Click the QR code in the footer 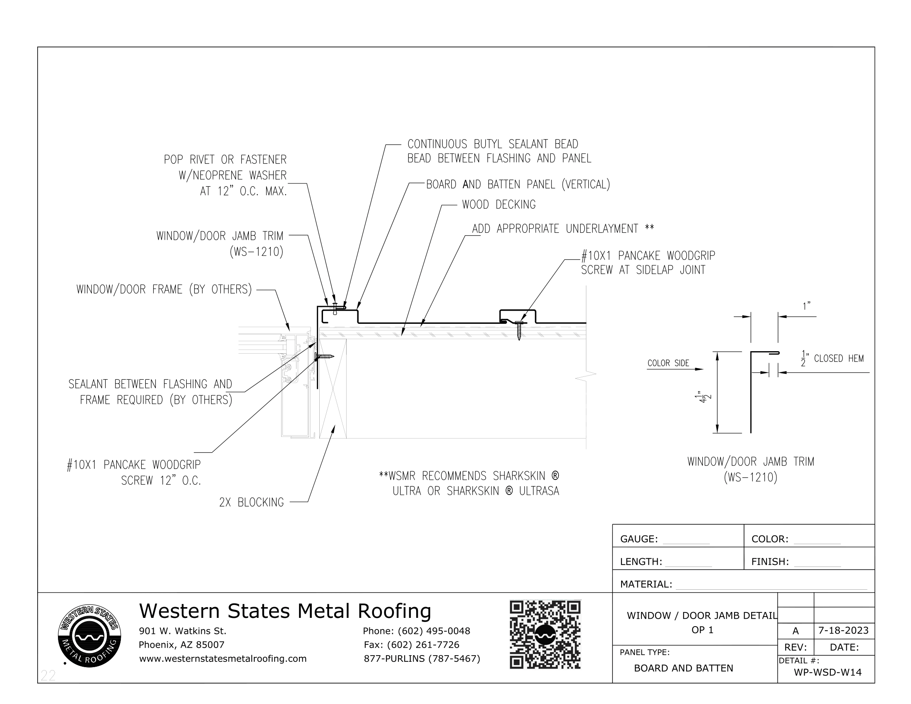tap(545, 634)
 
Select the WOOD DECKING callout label tap(499, 205)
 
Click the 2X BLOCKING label tap(251, 503)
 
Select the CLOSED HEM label tap(838, 359)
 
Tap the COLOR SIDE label tap(668, 363)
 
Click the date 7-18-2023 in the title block tap(844, 630)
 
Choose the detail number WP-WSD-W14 tap(828, 672)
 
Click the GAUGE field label tap(639, 539)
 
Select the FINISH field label tap(770, 562)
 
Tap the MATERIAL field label tap(646, 584)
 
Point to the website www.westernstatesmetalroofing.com tap(222, 658)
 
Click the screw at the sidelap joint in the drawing tap(519, 330)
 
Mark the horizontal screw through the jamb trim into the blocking tap(325, 356)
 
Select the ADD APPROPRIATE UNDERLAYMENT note tap(563, 229)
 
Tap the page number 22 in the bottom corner tap(48, 675)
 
